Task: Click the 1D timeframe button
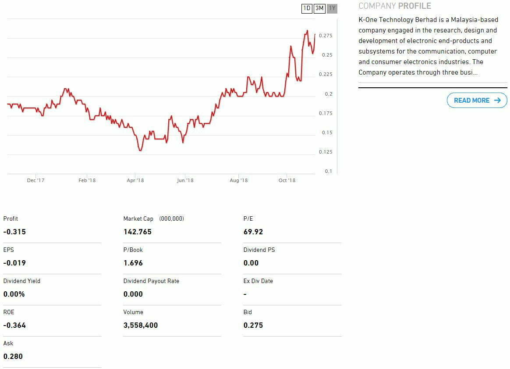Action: [x=307, y=8]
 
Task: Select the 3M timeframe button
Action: [x=319, y=8]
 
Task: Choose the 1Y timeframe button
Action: [x=332, y=8]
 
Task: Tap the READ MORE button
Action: [x=477, y=100]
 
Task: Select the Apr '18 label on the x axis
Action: [x=135, y=180]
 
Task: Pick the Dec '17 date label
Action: [x=35, y=180]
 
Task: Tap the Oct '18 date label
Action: [x=287, y=180]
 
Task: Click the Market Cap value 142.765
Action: [x=138, y=232]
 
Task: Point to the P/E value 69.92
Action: [x=253, y=232]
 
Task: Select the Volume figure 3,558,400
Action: [x=141, y=325]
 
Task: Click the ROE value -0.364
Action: [x=14, y=325]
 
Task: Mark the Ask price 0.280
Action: [x=13, y=356]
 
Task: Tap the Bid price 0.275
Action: [x=253, y=325]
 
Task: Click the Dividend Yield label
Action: [x=21, y=281]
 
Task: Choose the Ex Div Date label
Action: [x=258, y=281]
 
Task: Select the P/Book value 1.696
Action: [x=133, y=263]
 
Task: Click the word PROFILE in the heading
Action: [x=414, y=6]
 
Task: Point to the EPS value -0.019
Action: [x=14, y=263]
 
